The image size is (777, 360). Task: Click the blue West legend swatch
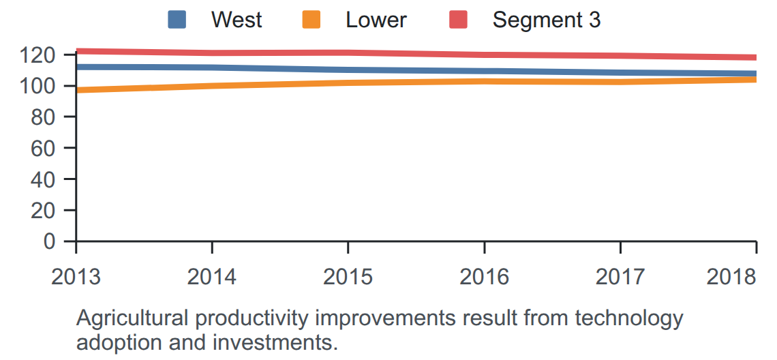click(x=177, y=20)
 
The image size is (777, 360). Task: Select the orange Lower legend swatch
click(x=311, y=20)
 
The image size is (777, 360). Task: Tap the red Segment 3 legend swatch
click(x=459, y=20)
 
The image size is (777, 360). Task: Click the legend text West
click(x=237, y=20)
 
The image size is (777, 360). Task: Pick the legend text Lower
click(x=376, y=20)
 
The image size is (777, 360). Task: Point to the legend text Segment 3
click(x=547, y=20)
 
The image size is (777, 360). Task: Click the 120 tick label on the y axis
click(x=44, y=55)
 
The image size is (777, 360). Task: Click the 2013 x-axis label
click(x=76, y=277)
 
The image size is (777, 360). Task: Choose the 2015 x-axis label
click(x=348, y=277)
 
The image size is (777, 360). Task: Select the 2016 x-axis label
click(x=484, y=277)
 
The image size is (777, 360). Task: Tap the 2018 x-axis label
click(x=731, y=277)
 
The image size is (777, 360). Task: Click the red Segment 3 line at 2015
click(x=348, y=53)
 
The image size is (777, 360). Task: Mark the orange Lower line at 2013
click(x=77, y=90)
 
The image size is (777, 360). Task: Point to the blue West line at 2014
click(x=212, y=67)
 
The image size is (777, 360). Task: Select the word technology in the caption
click(x=629, y=318)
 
